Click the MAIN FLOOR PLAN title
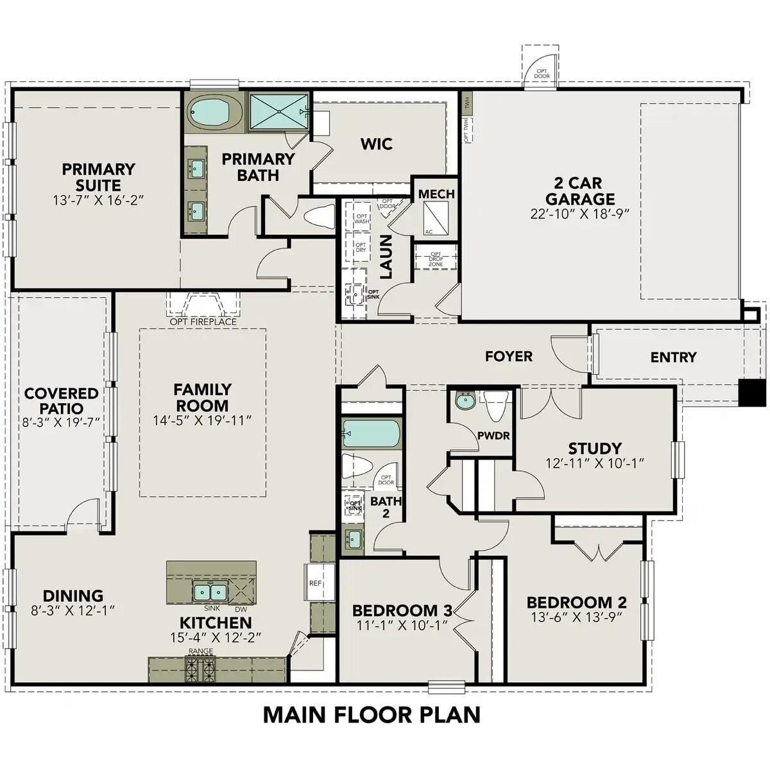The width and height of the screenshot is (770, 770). (372, 714)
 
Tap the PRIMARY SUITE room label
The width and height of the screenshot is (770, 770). (98, 177)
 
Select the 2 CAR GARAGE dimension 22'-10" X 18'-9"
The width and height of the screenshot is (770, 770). (581, 214)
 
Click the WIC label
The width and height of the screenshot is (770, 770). (376, 144)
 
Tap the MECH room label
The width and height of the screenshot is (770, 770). (436, 194)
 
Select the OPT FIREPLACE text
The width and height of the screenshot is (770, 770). (203, 321)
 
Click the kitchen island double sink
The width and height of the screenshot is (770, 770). (210, 590)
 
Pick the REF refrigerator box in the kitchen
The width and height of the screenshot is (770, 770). (315, 583)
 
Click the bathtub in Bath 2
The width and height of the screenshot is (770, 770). (370, 433)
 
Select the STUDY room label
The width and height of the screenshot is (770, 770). (594, 448)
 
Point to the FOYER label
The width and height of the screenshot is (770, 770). (508, 356)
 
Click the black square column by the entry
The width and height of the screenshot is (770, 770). (751, 393)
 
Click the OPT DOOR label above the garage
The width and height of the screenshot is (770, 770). (542, 73)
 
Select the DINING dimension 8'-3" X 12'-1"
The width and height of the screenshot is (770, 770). (73, 610)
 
